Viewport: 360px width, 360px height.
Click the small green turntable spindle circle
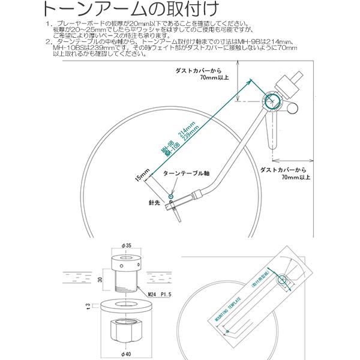[x=172, y=196]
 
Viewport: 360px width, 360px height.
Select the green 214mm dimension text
[x=181, y=133]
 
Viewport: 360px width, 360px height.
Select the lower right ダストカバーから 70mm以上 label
[x=287, y=174]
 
